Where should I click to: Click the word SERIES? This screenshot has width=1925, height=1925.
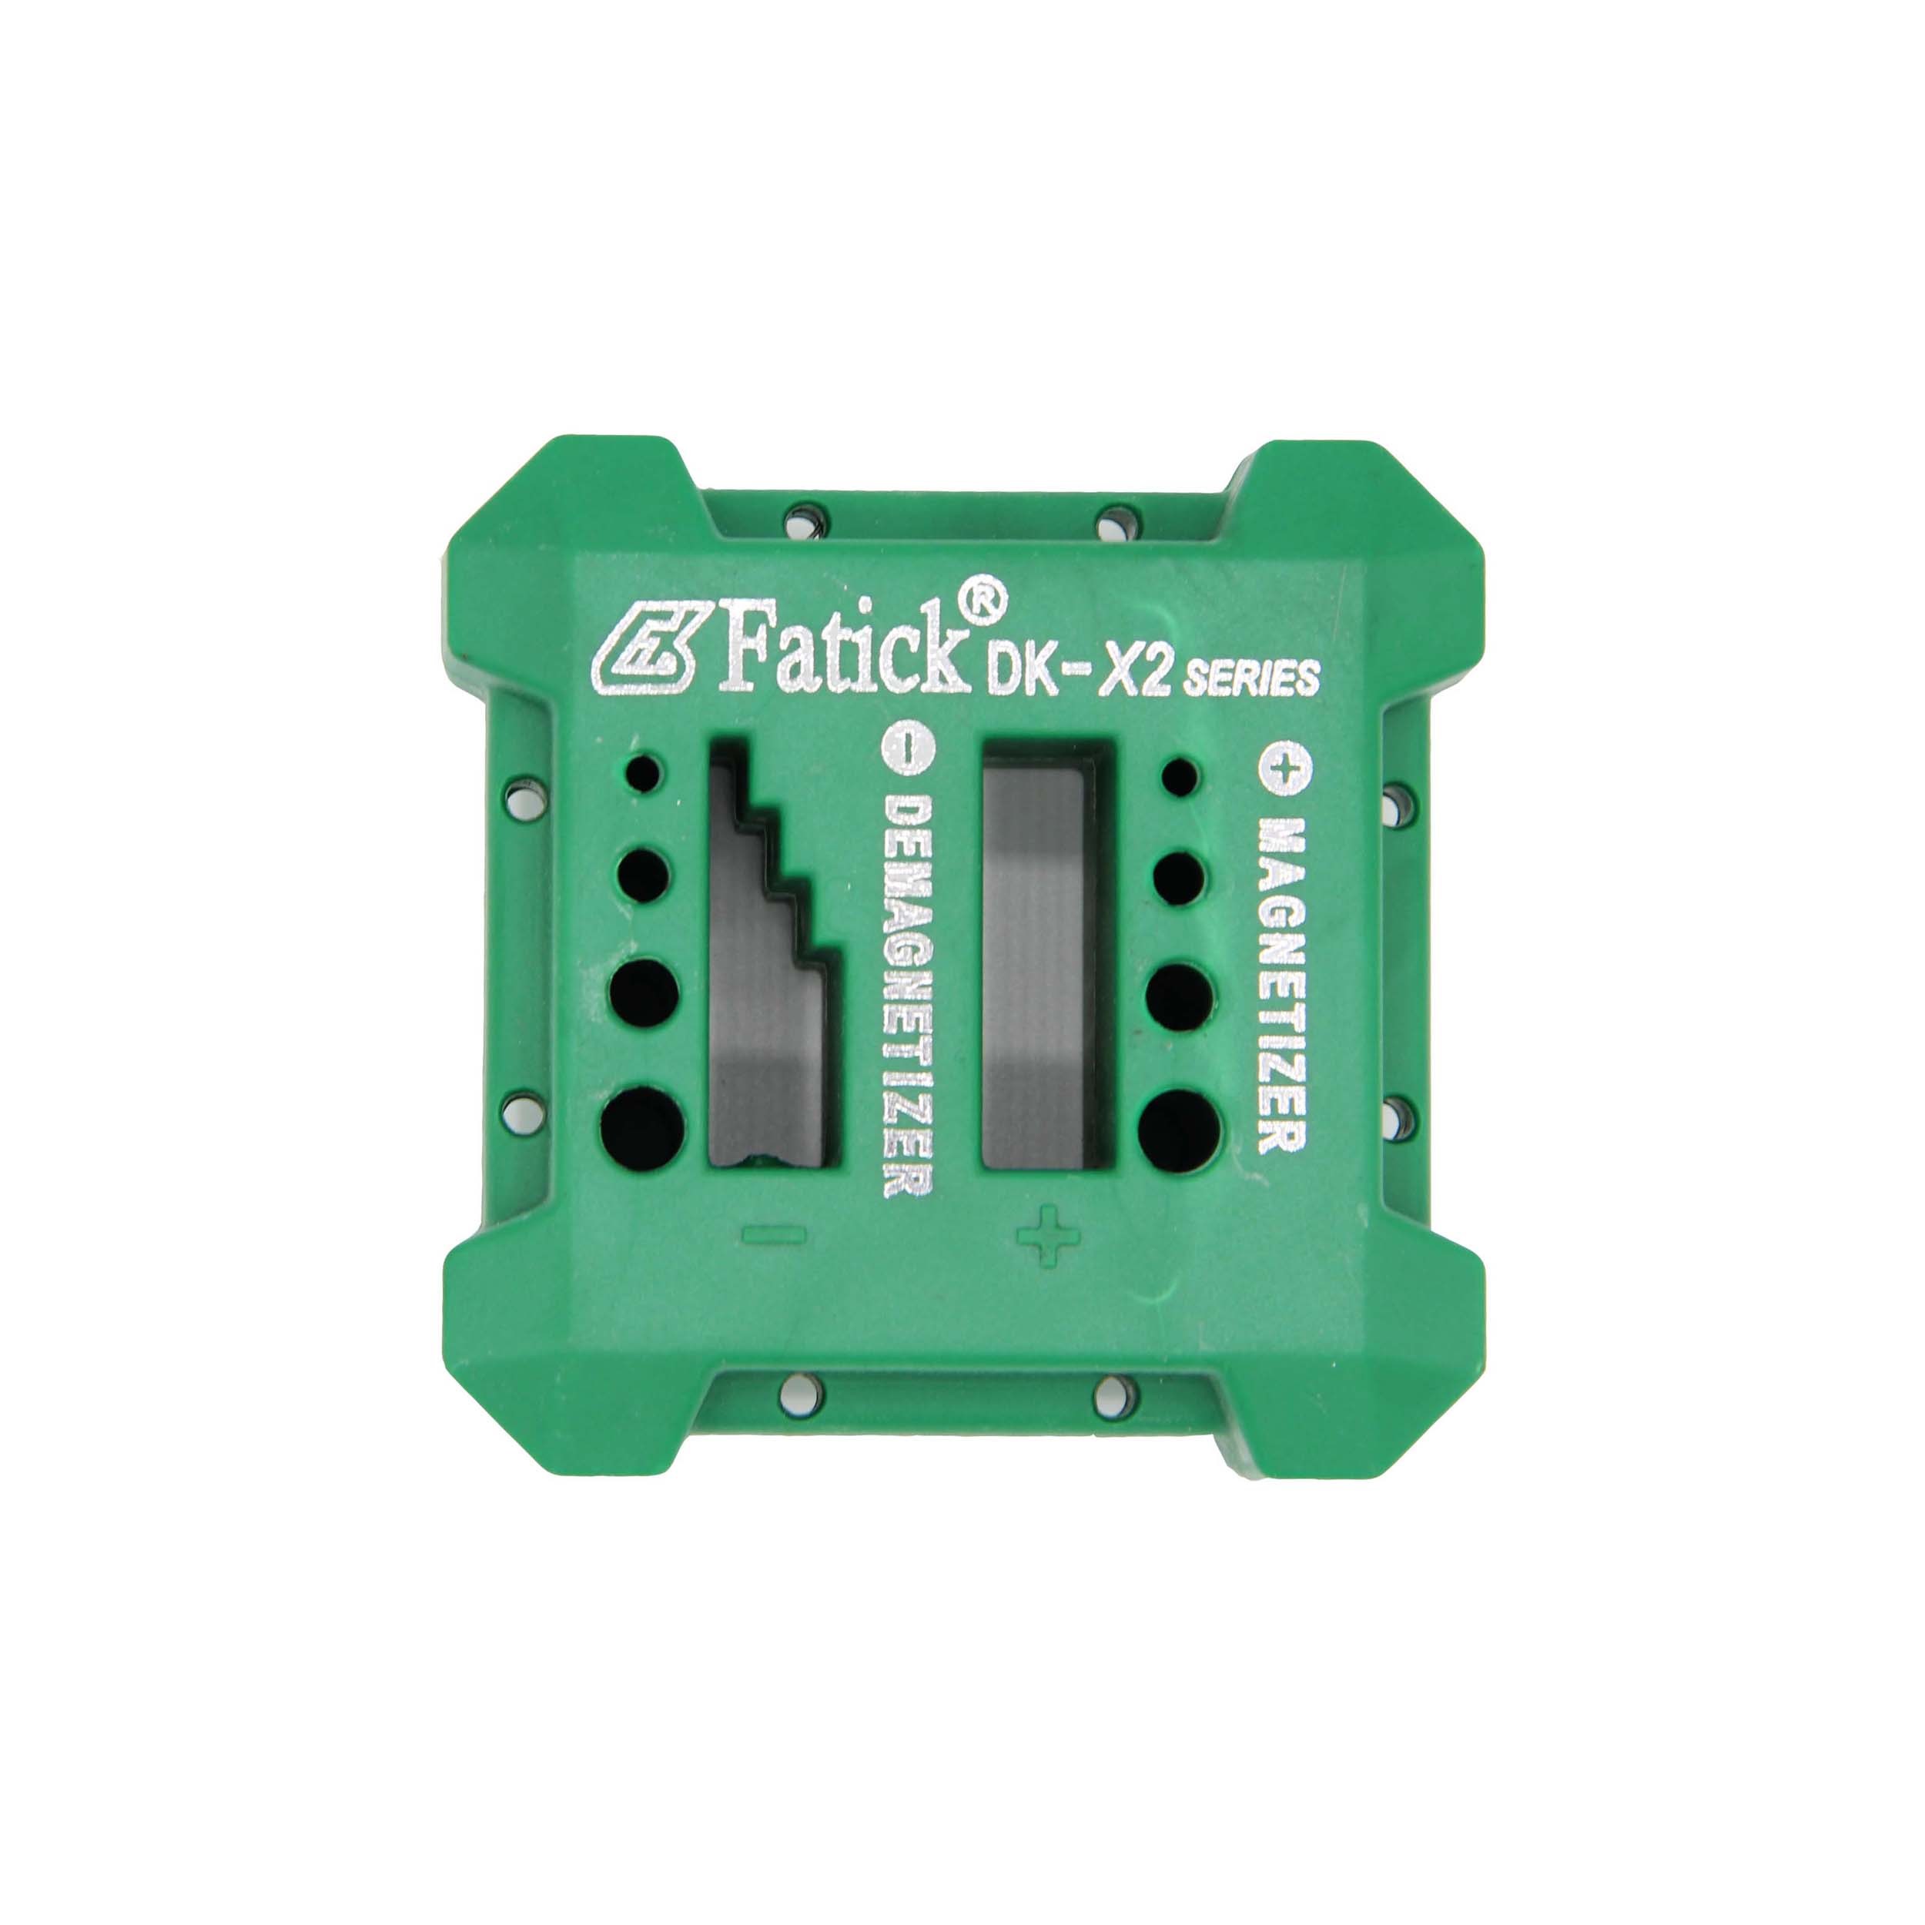[x=1250, y=678]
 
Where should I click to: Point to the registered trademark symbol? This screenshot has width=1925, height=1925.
[x=986, y=598]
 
